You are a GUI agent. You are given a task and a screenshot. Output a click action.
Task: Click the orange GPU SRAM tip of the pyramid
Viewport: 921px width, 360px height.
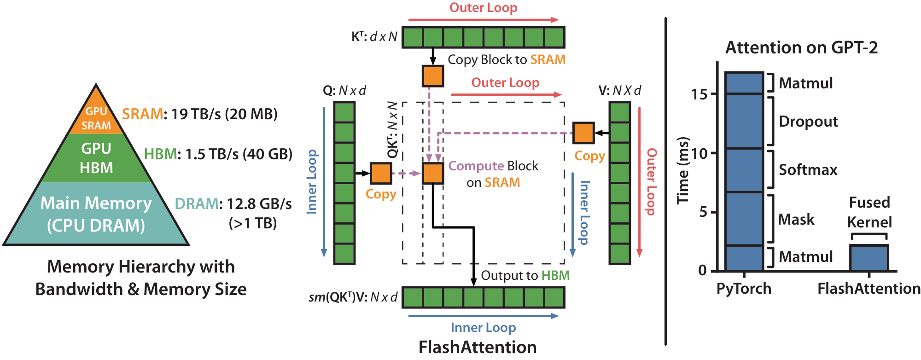(x=96, y=115)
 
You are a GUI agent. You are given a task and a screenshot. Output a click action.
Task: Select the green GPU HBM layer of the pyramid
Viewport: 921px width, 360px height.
(x=96, y=158)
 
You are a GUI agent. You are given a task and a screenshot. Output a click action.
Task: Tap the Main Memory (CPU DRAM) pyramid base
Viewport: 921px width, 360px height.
(x=96, y=214)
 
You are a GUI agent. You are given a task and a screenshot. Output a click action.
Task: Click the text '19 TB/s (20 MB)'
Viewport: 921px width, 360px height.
(x=224, y=114)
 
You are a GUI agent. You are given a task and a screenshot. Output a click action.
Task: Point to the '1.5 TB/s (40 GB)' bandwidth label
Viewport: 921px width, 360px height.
(x=239, y=154)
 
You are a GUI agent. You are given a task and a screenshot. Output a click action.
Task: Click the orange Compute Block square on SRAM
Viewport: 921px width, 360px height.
(x=433, y=174)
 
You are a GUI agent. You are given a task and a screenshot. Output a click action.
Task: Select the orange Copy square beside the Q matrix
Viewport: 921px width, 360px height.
(x=381, y=174)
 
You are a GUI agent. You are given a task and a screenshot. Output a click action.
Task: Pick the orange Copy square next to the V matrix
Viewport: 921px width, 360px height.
(x=583, y=133)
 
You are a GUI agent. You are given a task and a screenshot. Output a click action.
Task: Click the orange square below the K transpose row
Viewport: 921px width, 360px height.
(x=433, y=76)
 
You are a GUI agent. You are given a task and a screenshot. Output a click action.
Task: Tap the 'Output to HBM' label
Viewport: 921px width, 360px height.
(x=525, y=275)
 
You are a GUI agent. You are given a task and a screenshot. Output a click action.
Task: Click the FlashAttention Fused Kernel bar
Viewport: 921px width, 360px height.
(x=869, y=258)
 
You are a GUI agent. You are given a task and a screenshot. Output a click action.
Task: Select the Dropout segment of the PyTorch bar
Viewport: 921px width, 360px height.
(x=744, y=121)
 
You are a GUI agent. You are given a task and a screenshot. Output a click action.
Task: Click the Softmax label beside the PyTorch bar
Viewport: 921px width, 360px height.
(x=808, y=170)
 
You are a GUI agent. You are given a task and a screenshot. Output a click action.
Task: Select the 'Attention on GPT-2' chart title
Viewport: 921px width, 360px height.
(x=801, y=47)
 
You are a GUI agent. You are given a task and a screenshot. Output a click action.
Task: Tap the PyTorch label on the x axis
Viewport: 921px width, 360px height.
(x=744, y=289)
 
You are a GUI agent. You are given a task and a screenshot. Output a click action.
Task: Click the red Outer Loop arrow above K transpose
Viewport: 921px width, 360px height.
(x=483, y=20)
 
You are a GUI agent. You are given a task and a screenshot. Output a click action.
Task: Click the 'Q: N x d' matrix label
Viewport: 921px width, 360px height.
(x=344, y=91)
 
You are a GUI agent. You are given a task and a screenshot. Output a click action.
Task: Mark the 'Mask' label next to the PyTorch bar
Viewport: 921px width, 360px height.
(x=796, y=220)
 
